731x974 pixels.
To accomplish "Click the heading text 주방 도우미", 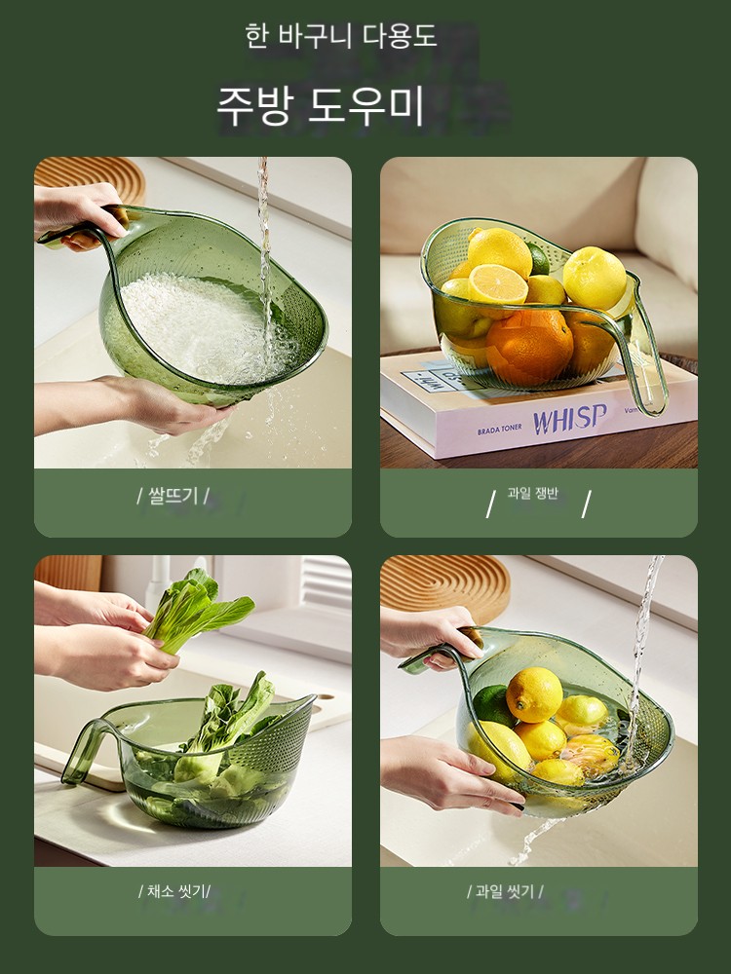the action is [x=320, y=105].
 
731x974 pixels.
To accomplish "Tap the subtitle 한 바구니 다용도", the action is [x=340, y=36].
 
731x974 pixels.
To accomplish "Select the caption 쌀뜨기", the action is [x=173, y=496].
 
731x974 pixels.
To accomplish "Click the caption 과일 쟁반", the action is [x=533, y=493].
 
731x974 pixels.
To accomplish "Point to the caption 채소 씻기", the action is [x=174, y=891].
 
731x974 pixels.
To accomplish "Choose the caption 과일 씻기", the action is [x=505, y=891].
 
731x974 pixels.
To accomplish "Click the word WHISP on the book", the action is [x=569, y=419].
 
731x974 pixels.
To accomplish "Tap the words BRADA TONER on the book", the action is [x=500, y=430].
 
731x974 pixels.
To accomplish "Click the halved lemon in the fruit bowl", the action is [x=497, y=283].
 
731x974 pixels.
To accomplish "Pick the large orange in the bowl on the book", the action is [x=529, y=346].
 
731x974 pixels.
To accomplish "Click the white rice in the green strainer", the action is [x=199, y=326].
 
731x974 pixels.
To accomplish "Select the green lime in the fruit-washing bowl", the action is [x=493, y=704].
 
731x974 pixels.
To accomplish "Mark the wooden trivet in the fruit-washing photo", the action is [x=445, y=587].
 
